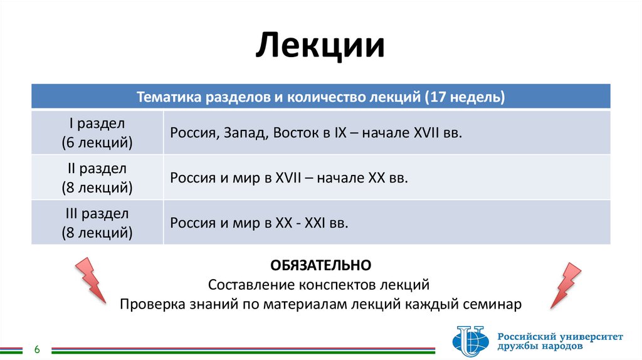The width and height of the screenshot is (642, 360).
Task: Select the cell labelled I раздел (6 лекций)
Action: click(97, 132)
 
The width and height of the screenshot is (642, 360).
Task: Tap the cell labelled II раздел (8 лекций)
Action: click(97, 177)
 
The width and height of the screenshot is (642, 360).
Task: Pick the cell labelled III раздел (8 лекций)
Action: click(97, 223)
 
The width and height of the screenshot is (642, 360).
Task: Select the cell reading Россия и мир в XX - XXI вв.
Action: click(258, 223)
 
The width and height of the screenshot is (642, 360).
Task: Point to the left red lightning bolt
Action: click(92, 280)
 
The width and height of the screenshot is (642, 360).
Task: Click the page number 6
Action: click(37, 349)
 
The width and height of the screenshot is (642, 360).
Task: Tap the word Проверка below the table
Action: click(150, 305)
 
